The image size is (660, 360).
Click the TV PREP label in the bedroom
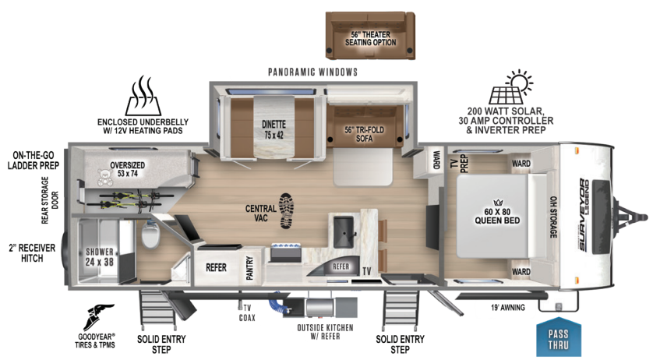pos(463,161)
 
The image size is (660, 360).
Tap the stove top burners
pos(290,251)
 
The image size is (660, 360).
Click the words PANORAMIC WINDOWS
pos(312,72)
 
